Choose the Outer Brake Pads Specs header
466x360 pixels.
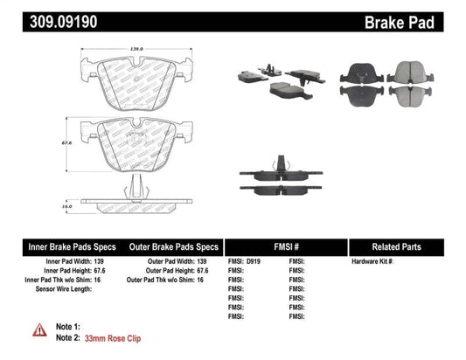tap(173, 246)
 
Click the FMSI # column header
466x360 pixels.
tap(286, 246)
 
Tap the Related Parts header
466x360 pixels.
tap(407, 246)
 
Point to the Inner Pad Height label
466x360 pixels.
tap(66, 272)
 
